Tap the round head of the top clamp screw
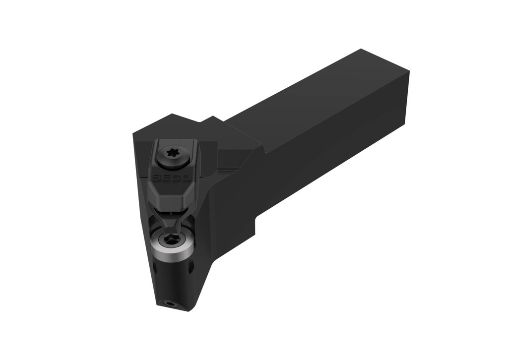click(x=174, y=158)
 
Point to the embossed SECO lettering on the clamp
click(x=165, y=178)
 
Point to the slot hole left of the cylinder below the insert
click(x=154, y=268)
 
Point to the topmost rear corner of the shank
click(x=361, y=50)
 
